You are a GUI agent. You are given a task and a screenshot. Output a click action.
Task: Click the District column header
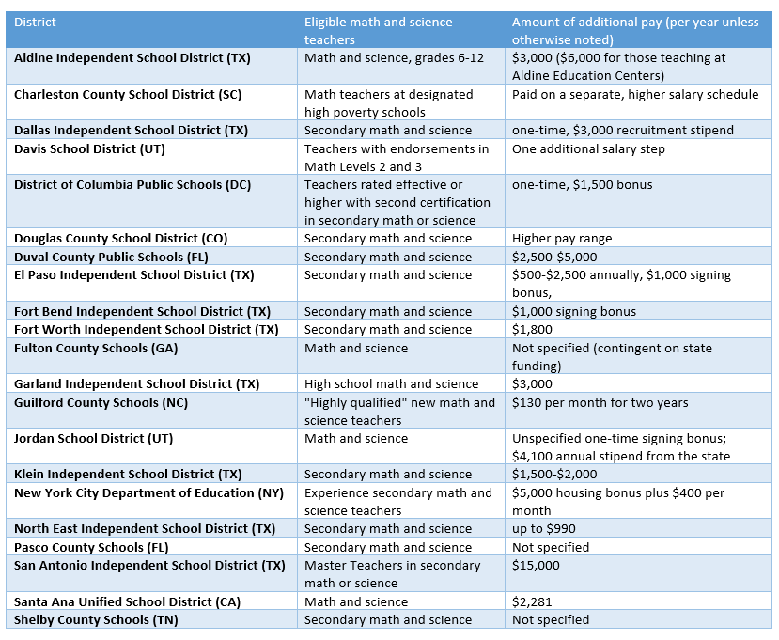point(35,23)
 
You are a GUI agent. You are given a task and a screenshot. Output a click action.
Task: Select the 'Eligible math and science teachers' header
point(378,31)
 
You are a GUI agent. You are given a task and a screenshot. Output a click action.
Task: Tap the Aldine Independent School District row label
point(132,58)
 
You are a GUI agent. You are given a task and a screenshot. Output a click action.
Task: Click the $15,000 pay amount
point(536,566)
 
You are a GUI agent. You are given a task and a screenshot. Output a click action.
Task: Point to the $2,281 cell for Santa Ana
point(532,602)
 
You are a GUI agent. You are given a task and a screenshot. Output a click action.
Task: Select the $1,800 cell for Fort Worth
point(532,330)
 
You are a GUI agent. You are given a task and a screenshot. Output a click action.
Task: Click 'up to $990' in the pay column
point(543,529)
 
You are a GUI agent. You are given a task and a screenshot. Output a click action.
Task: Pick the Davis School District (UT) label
point(89,149)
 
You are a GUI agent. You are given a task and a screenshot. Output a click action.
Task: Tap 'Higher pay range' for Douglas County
point(562,239)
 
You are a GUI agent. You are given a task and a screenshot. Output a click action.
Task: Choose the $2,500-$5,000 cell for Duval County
point(554,257)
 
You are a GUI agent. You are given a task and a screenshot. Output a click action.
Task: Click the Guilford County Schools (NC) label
point(101,403)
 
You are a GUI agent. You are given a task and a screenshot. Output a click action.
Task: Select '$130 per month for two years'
point(600,403)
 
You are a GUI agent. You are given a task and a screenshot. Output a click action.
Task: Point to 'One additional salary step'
point(588,149)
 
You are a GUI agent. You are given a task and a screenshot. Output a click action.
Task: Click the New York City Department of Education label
point(148,493)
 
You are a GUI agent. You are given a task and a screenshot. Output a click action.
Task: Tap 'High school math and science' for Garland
point(391,384)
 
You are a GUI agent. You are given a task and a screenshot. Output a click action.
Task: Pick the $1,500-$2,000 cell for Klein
point(554,474)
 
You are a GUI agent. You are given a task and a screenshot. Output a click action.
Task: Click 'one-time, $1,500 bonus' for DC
point(583,185)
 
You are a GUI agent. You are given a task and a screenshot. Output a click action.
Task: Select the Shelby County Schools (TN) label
point(96,620)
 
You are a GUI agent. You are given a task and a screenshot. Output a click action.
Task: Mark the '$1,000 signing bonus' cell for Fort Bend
point(574,312)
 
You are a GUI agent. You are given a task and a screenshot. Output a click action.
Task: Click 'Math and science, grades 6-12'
point(394,58)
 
